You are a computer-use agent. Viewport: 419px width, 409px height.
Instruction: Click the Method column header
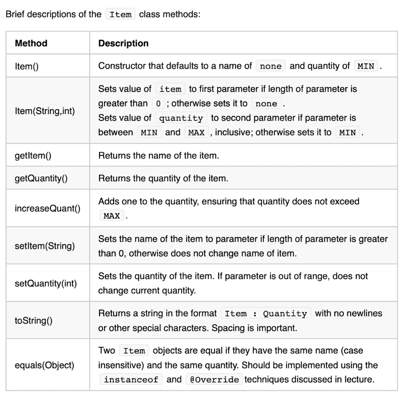click(31, 43)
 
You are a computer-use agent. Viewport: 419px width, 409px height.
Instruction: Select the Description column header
click(123, 43)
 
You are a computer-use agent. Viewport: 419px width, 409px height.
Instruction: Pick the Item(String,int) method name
click(45, 110)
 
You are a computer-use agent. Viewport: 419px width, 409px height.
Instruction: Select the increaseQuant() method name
click(47, 209)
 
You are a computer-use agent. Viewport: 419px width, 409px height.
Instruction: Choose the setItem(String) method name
click(45, 246)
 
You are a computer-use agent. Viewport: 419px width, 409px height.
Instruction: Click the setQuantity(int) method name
click(45, 283)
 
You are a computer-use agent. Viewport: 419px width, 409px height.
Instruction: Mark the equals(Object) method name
click(44, 365)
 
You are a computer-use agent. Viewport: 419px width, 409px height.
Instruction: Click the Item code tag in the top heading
click(120, 15)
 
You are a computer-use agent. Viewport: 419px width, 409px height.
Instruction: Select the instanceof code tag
click(131, 380)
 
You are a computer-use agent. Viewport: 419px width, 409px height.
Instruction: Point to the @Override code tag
click(214, 380)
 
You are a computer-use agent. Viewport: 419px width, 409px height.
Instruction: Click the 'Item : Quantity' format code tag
click(266, 314)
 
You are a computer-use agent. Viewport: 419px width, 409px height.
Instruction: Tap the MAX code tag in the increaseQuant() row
click(112, 216)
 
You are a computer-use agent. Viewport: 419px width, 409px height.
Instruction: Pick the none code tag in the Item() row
click(270, 66)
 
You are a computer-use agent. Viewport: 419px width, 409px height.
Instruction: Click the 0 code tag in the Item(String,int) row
click(158, 103)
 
